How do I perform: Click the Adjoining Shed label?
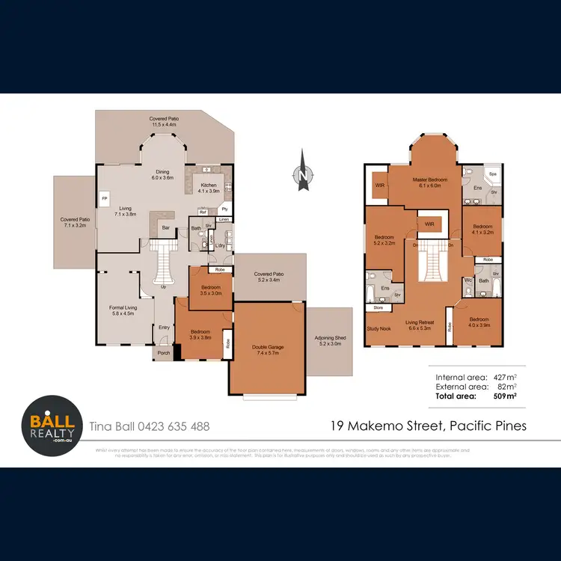pos(330,340)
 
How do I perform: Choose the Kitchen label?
pos(209,187)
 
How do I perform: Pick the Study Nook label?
pos(378,328)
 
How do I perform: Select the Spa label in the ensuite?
pos(492,174)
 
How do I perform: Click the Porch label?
pos(163,353)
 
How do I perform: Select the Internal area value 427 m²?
pos(507,377)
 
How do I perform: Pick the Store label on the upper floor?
pos(377,307)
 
